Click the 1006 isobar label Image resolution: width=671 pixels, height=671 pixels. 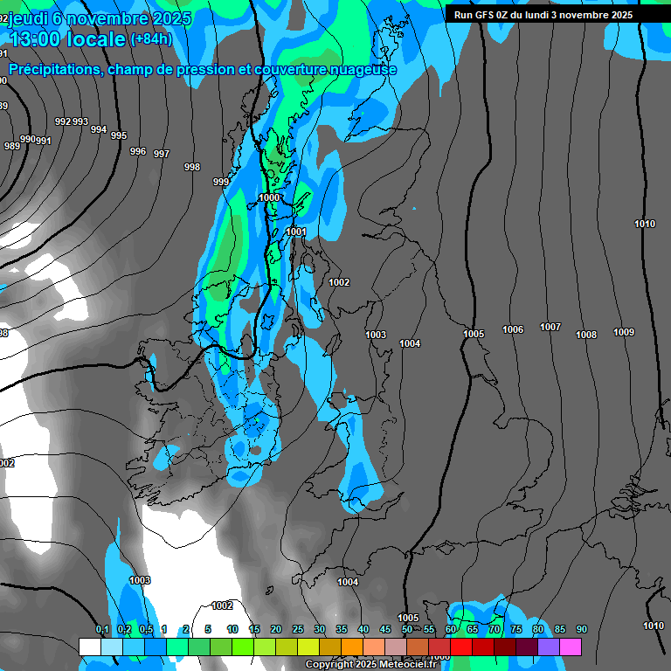point(513,329)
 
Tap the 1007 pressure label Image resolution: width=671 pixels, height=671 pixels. point(550,327)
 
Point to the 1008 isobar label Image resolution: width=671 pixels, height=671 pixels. point(586,335)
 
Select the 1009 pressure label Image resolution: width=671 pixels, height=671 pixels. point(624,332)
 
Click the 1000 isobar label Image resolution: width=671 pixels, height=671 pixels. point(269,198)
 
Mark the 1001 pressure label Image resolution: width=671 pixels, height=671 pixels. point(296,232)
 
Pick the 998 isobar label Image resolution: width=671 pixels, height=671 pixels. point(192,167)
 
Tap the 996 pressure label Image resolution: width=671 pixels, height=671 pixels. point(138,151)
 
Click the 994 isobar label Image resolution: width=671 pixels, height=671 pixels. point(99,129)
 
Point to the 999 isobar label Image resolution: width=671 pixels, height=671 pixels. point(221,182)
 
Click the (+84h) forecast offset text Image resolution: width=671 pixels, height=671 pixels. point(151,38)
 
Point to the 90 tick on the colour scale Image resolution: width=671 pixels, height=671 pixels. point(581,629)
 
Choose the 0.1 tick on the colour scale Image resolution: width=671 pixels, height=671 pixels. point(102,629)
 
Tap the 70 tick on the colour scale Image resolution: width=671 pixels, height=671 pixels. point(494,629)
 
